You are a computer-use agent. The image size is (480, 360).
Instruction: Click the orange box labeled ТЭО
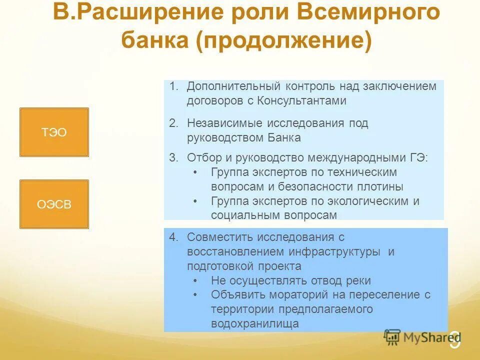[x=54, y=132]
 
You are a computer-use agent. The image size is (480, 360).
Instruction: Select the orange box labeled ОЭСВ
[x=54, y=204]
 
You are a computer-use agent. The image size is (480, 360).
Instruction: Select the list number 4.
[x=173, y=237]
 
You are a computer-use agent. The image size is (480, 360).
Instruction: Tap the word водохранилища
[x=255, y=324]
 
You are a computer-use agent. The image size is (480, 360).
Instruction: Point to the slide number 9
[x=454, y=341]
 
